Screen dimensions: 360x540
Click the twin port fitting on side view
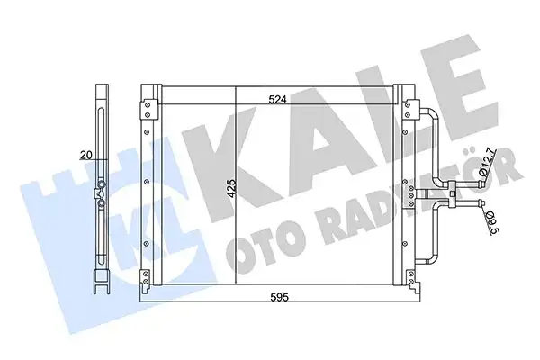(103, 194)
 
